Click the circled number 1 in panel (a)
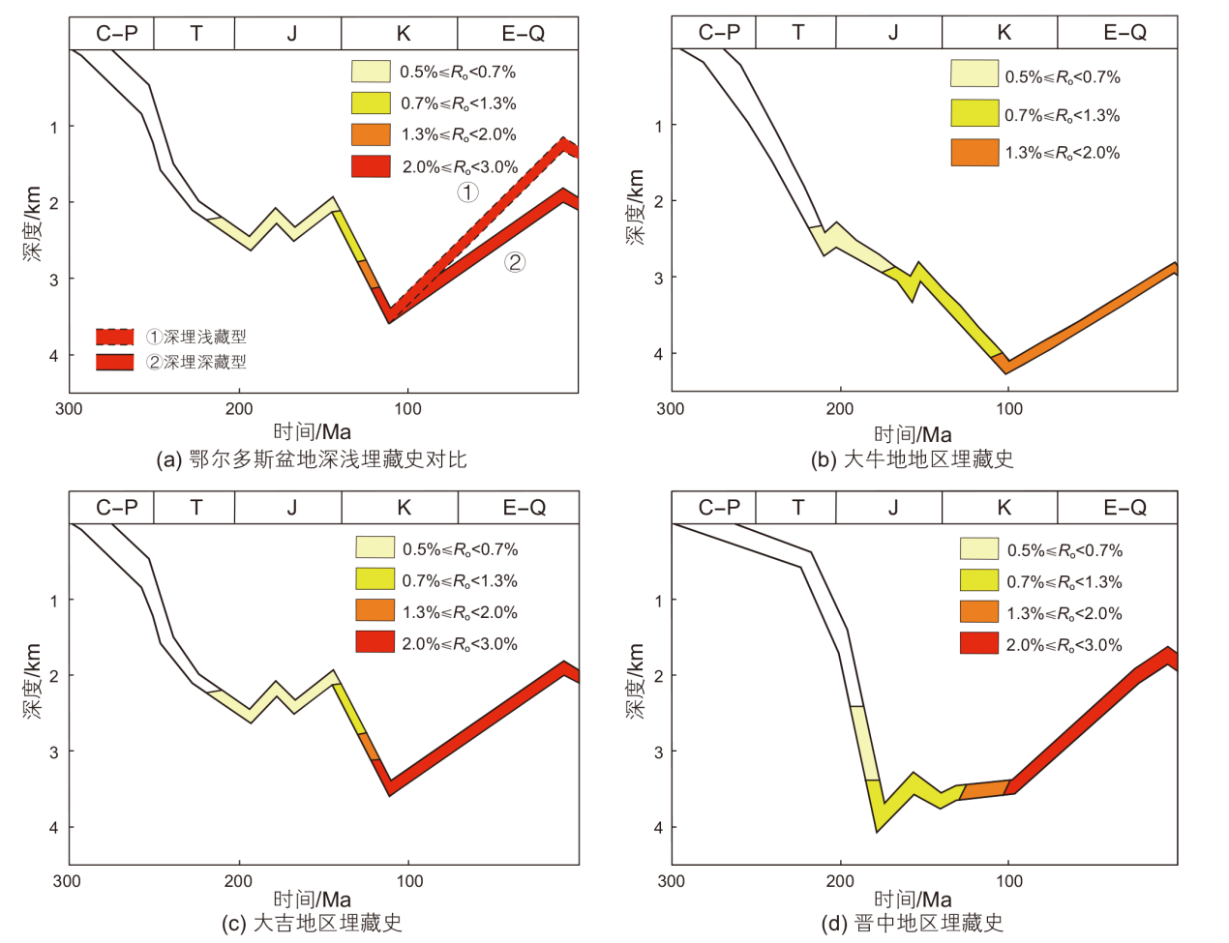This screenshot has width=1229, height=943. [467, 192]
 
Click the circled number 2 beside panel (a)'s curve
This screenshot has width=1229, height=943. [515, 261]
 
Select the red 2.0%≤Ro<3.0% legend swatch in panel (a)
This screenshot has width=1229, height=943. [371, 166]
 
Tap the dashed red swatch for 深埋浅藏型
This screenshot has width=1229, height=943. [114, 337]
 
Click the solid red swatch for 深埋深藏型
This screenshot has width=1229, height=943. [114, 362]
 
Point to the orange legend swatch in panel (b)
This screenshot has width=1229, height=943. [974, 153]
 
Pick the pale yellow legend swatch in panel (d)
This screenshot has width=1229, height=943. [978, 549]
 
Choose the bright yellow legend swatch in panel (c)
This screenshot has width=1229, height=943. [375, 580]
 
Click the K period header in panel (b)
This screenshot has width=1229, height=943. [1004, 33]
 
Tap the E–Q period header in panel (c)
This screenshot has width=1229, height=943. [524, 507]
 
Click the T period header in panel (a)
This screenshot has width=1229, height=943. [195, 34]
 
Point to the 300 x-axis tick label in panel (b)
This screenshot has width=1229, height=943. [670, 408]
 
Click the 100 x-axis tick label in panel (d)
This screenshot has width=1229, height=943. [1009, 881]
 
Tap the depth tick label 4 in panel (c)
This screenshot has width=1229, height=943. [54, 828]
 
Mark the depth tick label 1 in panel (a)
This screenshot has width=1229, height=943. [54, 127]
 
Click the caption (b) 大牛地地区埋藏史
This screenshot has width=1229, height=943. [912, 459]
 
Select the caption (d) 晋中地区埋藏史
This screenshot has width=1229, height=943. [912, 924]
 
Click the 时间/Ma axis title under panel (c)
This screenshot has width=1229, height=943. [312, 899]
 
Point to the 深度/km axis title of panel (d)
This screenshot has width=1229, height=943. [635, 681]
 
